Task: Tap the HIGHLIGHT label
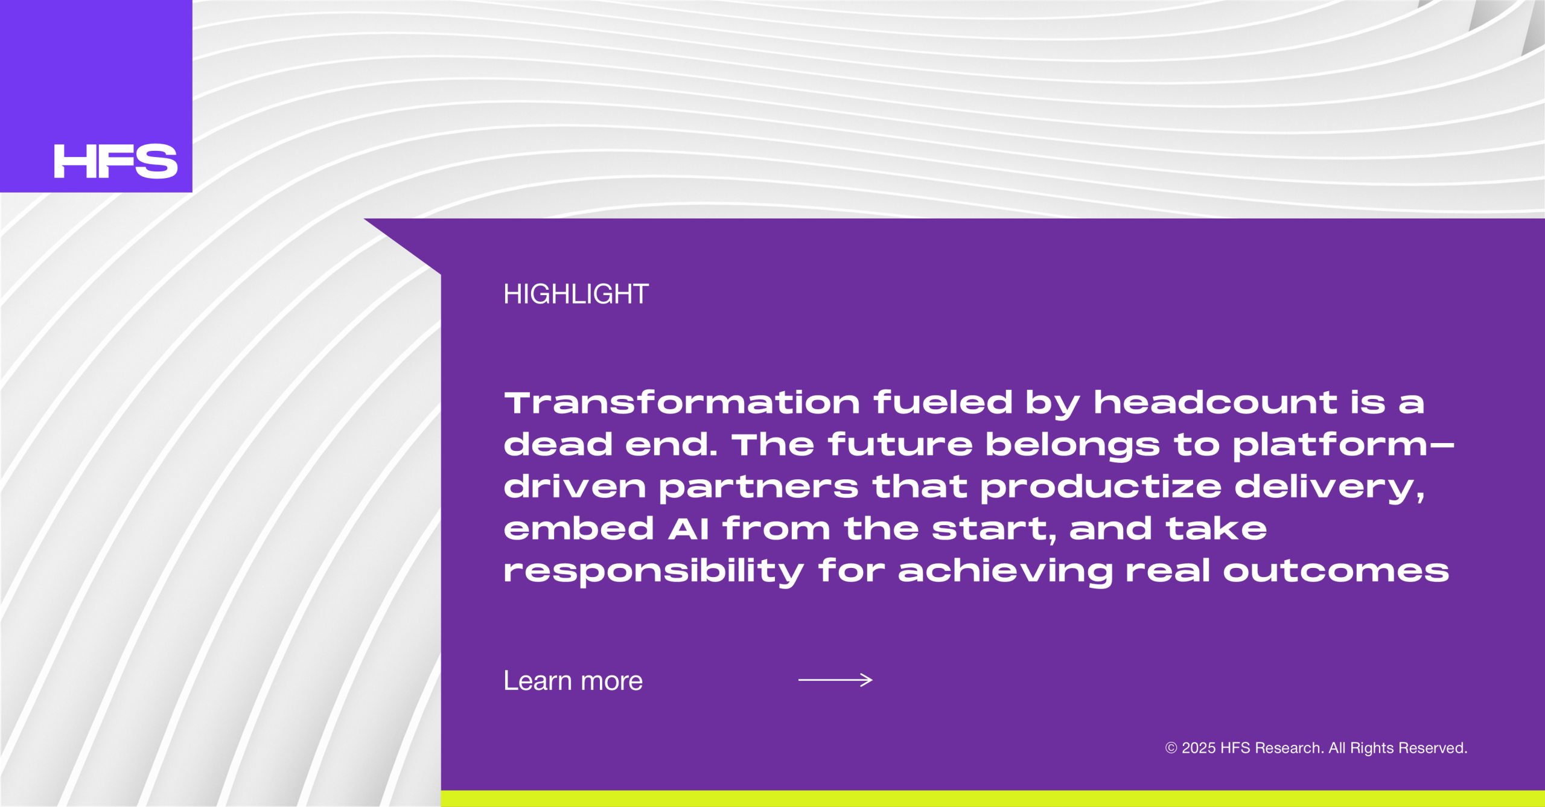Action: coord(576,294)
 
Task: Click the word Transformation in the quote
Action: coord(682,403)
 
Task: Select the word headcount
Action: coord(1215,402)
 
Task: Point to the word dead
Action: coord(558,444)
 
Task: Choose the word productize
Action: coord(1101,488)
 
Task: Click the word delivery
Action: coord(1330,488)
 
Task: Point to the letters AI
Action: coord(688,529)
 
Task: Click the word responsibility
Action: coord(654,572)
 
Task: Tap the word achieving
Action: coord(1005,572)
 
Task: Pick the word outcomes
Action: coord(1336,572)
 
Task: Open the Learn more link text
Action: coord(573,681)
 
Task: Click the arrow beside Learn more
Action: coord(835,680)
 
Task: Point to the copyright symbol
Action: coord(1171,748)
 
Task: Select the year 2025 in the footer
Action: coord(1199,748)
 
